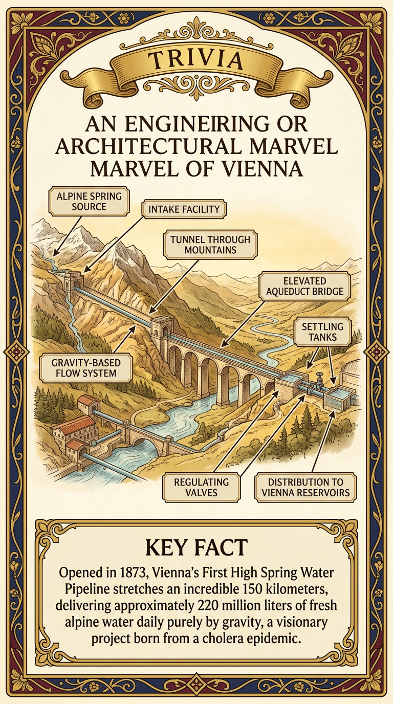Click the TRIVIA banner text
click(x=196, y=61)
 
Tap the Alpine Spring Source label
click(x=89, y=201)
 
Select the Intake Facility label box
click(x=184, y=209)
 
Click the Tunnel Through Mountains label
click(x=210, y=245)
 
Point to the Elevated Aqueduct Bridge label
click(x=304, y=287)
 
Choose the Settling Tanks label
click(x=326, y=331)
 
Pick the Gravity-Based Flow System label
click(x=86, y=368)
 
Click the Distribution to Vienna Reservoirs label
click(x=305, y=487)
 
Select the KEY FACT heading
click(x=196, y=547)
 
